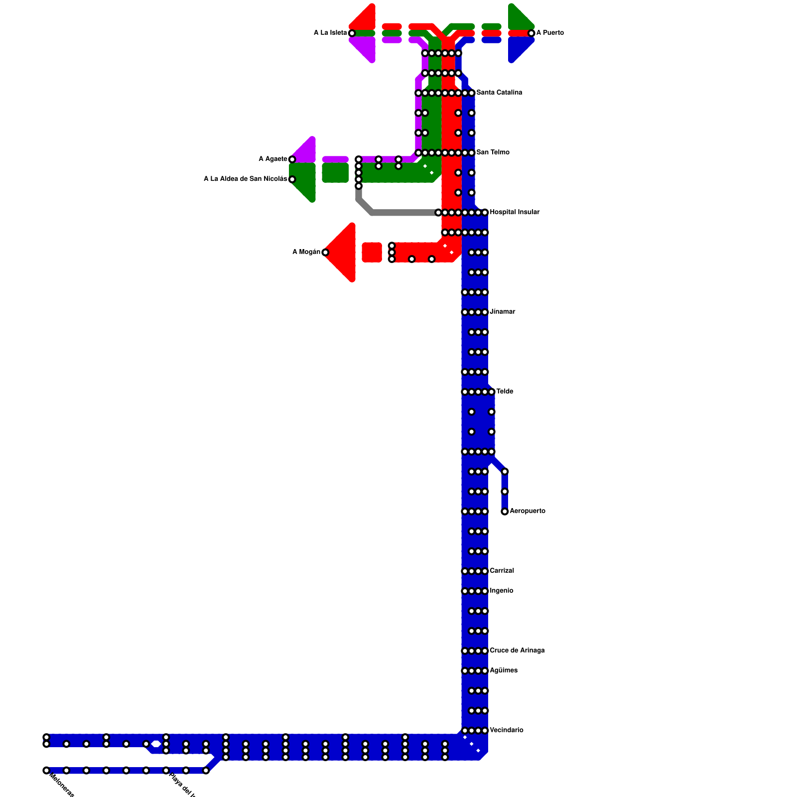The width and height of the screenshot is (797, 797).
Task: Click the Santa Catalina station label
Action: pyautogui.click(x=499, y=93)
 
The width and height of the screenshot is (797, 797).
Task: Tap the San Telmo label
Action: pyautogui.click(x=493, y=152)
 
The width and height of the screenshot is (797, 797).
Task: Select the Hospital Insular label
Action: pyautogui.click(x=515, y=212)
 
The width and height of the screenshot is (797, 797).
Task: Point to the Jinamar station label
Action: pyautogui.click(x=503, y=312)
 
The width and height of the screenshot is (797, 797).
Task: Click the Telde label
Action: pyautogui.click(x=505, y=392)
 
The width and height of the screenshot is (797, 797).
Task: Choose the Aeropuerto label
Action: pyautogui.click(x=528, y=511)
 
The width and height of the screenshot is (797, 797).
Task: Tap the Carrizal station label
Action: pyautogui.click(x=502, y=571)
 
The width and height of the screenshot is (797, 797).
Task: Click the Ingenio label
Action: pyautogui.click(x=502, y=591)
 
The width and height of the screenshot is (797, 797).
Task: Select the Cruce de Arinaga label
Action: pyautogui.click(x=517, y=651)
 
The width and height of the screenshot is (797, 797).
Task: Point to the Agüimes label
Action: pyautogui.click(x=504, y=670)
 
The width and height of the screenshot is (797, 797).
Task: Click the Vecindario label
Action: pyautogui.click(x=507, y=730)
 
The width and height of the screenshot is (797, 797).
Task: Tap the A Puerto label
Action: pyautogui.click(x=550, y=33)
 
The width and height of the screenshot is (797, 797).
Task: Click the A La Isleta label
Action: pyautogui.click(x=330, y=33)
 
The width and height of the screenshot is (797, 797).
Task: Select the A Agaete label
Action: pyautogui.click(x=272, y=159)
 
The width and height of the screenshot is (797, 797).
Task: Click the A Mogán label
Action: pyautogui.click(x=306, y=252)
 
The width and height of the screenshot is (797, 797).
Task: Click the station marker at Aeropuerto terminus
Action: pyautogui.click(x=505, y=512)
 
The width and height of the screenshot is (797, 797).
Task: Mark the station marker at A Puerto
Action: pyautogui.click(x=531, y=33)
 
